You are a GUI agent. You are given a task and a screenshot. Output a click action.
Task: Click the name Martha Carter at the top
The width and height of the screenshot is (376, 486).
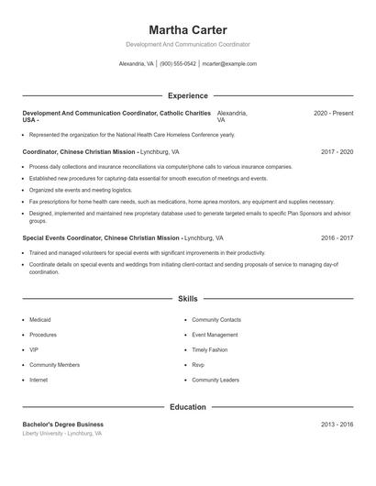coord(187,29)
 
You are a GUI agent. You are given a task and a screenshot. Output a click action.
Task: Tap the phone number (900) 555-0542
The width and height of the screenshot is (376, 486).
coord(178,64)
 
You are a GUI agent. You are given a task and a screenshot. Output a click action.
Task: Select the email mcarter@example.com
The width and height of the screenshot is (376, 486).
coord(229,64)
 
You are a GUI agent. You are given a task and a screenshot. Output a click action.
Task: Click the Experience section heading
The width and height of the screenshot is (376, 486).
coord(187,95)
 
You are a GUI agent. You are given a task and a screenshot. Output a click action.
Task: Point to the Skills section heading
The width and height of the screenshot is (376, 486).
coord(187,299)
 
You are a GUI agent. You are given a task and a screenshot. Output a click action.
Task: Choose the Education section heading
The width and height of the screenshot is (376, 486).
coord(187,406)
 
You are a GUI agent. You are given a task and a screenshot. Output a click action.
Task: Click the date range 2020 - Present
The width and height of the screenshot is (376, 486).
coord(333,113)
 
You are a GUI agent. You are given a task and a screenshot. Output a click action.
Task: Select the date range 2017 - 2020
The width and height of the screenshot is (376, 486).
coord(337,151)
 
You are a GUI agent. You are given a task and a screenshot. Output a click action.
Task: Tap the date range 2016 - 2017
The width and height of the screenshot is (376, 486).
coord(337,237)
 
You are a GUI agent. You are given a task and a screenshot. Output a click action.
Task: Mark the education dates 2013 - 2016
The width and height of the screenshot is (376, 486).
coord(337,425)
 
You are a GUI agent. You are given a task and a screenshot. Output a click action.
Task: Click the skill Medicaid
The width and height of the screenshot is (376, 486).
coord(40,319)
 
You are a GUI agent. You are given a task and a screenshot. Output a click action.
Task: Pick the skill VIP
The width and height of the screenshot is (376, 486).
coord(34,349)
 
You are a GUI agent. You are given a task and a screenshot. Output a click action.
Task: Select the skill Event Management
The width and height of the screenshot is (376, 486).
coord(215,335)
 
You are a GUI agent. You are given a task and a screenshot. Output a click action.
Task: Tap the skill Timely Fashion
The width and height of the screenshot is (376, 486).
coord(210,349)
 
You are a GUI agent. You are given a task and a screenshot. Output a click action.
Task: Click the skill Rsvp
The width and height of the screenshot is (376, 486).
coord(199,364)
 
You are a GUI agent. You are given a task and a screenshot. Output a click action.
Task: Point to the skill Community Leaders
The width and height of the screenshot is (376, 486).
coord(216,380)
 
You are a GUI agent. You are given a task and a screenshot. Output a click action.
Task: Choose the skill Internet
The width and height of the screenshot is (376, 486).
coord(39,380)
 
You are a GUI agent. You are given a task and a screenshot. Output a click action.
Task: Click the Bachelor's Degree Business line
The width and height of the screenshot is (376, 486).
coord(63,425)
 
